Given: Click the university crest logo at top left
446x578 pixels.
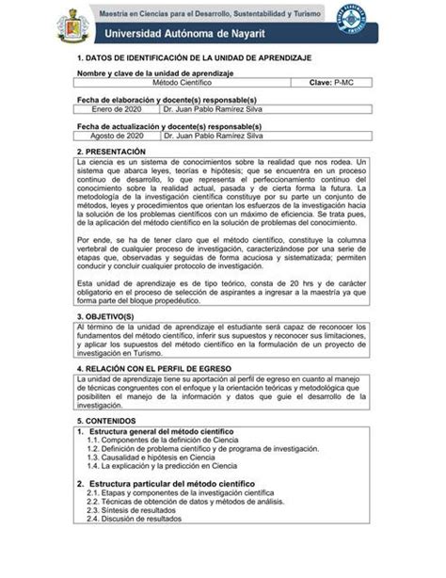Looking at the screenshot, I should [74, 24].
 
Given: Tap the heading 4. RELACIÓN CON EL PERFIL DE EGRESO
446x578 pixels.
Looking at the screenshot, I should [163, 369].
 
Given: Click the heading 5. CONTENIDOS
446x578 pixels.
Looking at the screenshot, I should [108, 421].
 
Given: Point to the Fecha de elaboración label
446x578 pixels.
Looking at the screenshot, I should [167, 99].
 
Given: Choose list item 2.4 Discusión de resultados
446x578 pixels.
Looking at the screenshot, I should [135, 518].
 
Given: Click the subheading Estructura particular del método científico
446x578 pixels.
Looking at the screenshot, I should [174, 483].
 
